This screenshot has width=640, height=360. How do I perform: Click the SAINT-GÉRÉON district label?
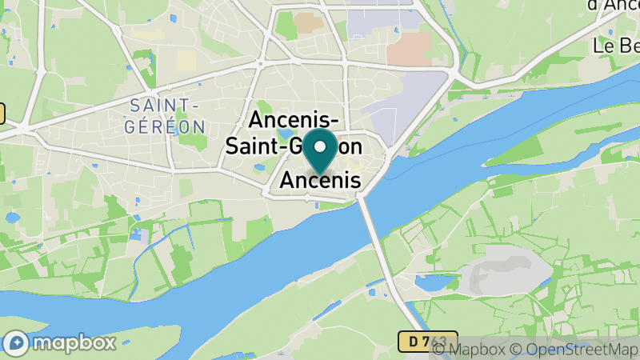click(166, 115)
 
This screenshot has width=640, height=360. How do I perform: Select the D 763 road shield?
click(428, 342)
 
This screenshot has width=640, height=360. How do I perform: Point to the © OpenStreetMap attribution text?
click(578, 350)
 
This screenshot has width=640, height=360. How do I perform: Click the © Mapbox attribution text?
click(472, 350)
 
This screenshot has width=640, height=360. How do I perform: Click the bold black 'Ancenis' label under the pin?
click(320, 181)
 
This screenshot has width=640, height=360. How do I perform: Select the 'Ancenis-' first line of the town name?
click(294, 120)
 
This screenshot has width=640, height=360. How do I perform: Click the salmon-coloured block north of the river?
click(409, 48)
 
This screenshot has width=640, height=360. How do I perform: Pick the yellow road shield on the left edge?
click(2, 114)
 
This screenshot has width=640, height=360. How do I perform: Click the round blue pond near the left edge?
click(12, 217)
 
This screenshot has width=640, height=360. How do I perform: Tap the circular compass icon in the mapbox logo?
click(16, 343)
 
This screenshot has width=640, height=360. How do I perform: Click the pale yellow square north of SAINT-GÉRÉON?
click(186, 61)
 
